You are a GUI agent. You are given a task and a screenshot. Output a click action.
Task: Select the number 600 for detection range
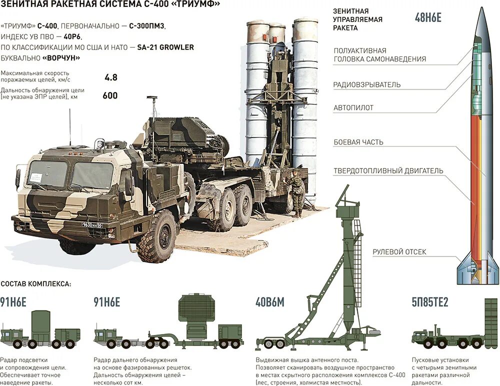[110, 95]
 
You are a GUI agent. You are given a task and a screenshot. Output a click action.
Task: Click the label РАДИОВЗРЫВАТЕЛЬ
[366, 84]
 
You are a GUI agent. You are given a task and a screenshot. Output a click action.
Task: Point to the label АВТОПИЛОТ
[353, 107]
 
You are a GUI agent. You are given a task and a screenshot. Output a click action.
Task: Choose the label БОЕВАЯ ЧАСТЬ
[358, 142]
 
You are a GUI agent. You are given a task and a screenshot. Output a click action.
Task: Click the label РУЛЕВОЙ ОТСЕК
[399, 252]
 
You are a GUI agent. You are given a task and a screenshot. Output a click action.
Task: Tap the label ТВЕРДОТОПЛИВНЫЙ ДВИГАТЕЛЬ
[388, 170]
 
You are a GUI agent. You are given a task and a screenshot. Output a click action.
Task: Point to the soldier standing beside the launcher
[296, 192]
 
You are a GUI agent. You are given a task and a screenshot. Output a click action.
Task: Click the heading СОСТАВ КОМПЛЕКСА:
[36, 283]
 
